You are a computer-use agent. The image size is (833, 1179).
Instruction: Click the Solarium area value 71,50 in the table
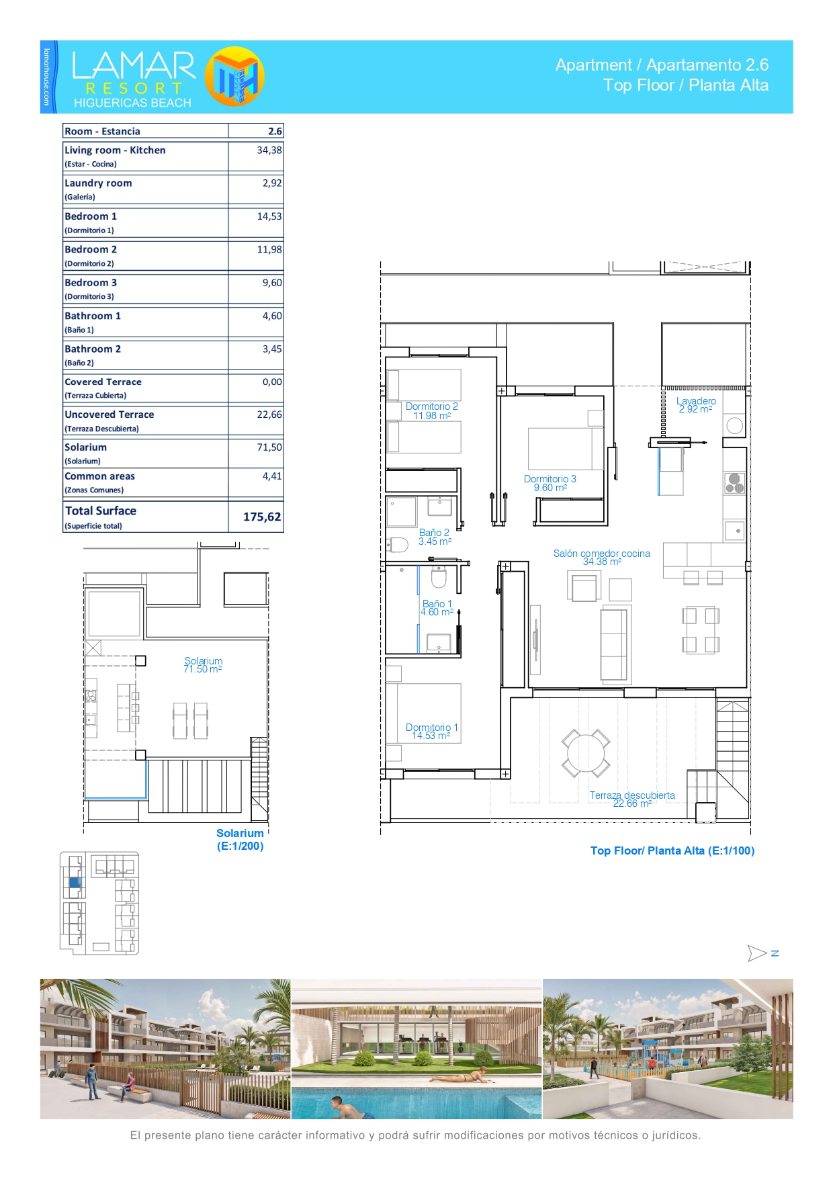[269, 447]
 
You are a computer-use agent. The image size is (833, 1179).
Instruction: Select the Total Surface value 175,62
[262, 517]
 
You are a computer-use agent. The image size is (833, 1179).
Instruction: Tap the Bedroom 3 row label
[91, 283]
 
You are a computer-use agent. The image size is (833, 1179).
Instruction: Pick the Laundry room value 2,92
[272, 183]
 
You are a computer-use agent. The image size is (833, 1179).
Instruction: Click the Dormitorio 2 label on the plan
[432, 406]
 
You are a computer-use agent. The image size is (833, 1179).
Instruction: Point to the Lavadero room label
[696, 401]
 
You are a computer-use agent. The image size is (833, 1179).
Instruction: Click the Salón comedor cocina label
[602, 554]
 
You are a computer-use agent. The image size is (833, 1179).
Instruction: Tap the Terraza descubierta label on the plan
[632, 795]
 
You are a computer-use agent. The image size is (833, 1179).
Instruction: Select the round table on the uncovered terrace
[586, 753]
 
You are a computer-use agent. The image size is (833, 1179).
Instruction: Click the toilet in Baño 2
[398, 545]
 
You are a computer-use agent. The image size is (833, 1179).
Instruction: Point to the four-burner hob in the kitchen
[735, 483]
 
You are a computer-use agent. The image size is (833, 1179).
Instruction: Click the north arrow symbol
[757, 953]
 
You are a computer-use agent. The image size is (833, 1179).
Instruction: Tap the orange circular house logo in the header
[234, 77]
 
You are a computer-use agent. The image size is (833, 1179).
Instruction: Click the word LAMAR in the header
[134, 66]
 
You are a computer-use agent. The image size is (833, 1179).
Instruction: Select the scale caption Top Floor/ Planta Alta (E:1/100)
[672, 850]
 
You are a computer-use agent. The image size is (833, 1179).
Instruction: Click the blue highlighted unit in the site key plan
[75, 883]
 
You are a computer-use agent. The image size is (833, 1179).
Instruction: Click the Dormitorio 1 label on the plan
[432, 728]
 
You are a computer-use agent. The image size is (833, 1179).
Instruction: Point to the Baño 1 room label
[437, 604]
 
